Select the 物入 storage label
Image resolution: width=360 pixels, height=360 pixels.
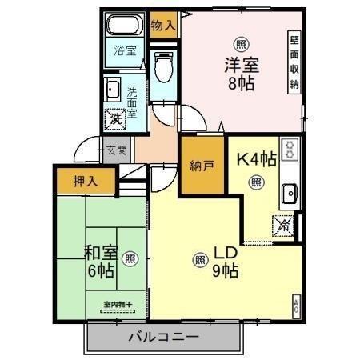tap(163, 26)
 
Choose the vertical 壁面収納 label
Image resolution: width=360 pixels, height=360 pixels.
tap(294, 62)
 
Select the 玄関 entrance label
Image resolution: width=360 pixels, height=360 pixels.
tap(114, 150)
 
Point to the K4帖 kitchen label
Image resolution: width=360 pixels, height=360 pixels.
tap(255, 158)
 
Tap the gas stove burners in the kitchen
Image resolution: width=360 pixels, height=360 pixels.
tap(290, 149)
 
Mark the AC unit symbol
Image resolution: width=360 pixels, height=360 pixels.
tap(296, 303)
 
